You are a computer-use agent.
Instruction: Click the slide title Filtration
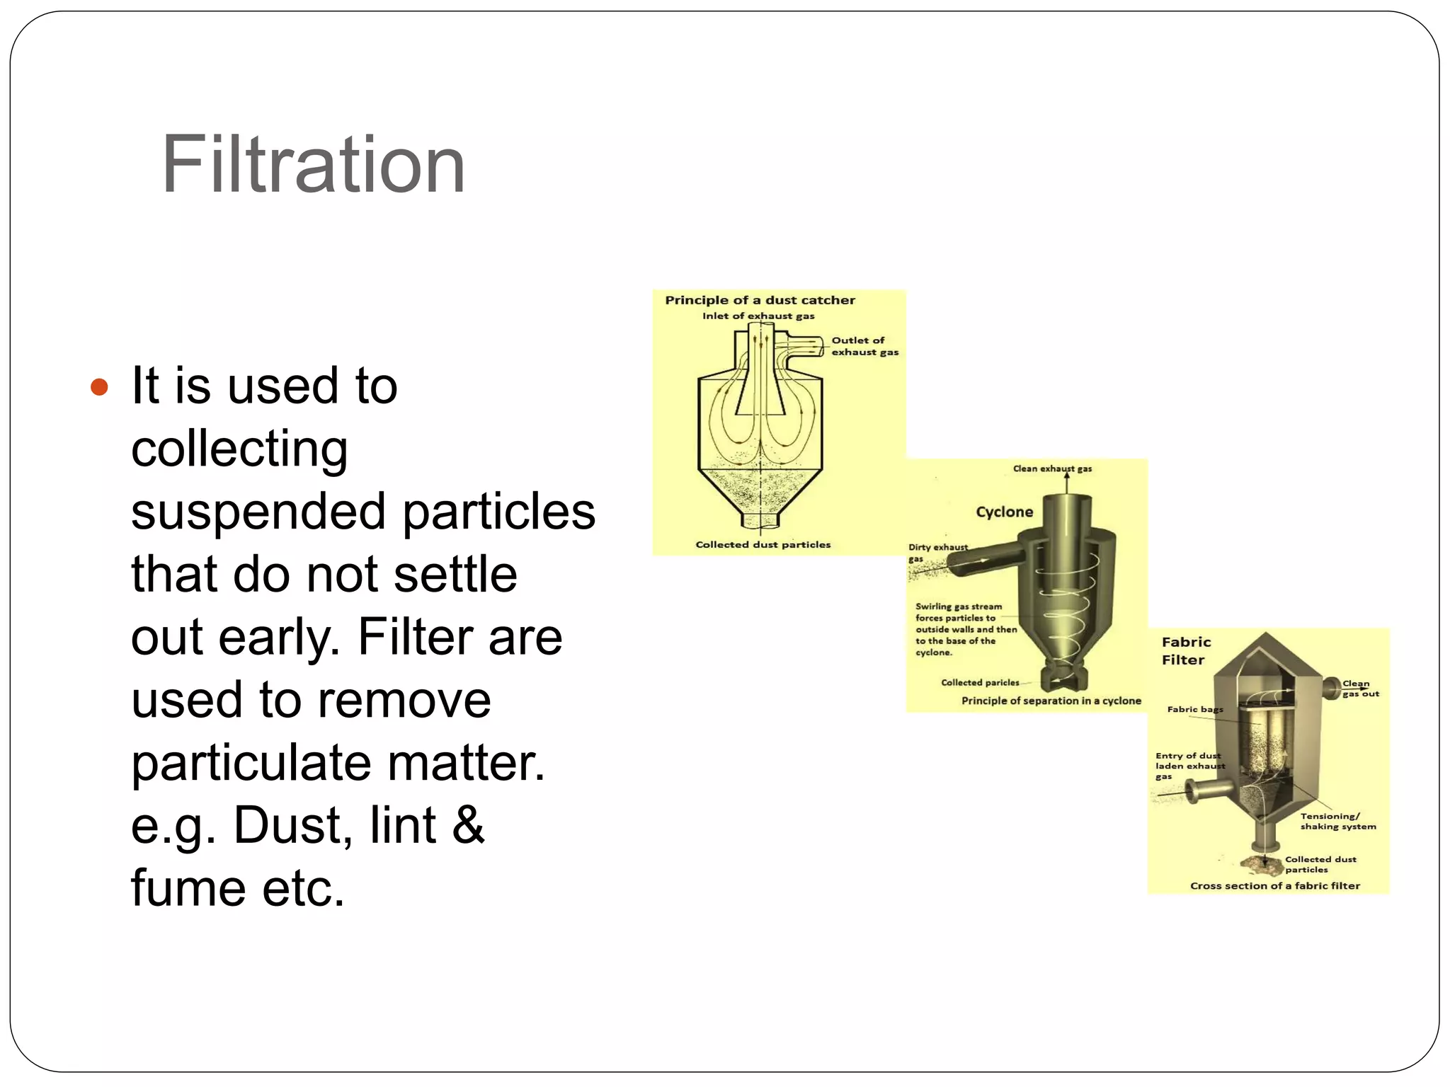pos(313,165)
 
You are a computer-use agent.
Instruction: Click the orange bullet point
pos(100,387)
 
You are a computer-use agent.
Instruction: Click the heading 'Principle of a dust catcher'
pos(760,300)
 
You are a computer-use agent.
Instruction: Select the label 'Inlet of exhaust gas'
pos(758,316)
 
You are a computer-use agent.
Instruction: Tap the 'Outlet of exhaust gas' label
pos(864,346)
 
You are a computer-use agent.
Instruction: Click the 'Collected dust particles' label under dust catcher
pos(763,544)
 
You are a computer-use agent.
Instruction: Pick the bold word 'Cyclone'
pos(1004,512)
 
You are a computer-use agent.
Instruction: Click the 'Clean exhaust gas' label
pos(1052,468)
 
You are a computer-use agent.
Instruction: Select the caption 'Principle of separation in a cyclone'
pos(1051,701)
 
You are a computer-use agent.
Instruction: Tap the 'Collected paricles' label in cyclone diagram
pos(980,682)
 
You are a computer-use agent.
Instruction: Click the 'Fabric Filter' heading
pos(1186,650)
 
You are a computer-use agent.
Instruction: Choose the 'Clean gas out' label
pos(1360,689)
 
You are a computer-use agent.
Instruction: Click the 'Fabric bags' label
pos(1194,709)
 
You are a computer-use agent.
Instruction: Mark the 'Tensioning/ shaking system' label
pos(1337,821)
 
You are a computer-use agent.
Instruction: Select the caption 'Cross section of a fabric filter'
pos(1274,885)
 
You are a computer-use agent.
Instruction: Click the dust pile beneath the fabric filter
pos(1262,863)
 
